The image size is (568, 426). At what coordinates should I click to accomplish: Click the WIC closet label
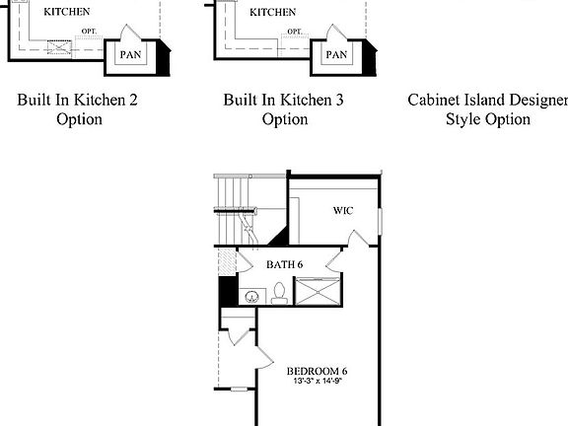343,210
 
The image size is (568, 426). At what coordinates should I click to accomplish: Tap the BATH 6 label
285,264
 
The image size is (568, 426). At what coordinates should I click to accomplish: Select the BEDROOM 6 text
317,371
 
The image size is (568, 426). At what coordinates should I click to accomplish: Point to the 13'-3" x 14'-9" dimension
317,382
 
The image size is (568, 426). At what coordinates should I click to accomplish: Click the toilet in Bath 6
279,292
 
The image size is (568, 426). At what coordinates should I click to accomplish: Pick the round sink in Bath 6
252,294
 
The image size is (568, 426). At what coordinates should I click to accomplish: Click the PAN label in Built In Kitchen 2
130,54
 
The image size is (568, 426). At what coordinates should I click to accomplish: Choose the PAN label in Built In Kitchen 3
336,54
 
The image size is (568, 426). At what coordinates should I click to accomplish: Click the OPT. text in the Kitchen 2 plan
89,31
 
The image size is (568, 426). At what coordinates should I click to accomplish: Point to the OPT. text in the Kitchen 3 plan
295,31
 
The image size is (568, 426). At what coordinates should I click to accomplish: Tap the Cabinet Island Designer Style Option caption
487,109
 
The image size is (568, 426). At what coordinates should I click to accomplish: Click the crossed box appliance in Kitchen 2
61,46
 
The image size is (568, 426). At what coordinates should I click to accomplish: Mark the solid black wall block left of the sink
226,293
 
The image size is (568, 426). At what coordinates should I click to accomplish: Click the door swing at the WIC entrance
357,237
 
